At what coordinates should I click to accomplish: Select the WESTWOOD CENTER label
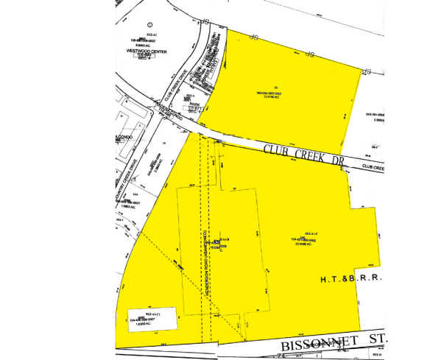tap(147, 51)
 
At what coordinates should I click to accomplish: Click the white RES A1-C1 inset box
tap(151, 317)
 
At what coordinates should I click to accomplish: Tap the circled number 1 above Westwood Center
tap(151, 24)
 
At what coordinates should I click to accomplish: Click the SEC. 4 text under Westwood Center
tap(149, 59)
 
